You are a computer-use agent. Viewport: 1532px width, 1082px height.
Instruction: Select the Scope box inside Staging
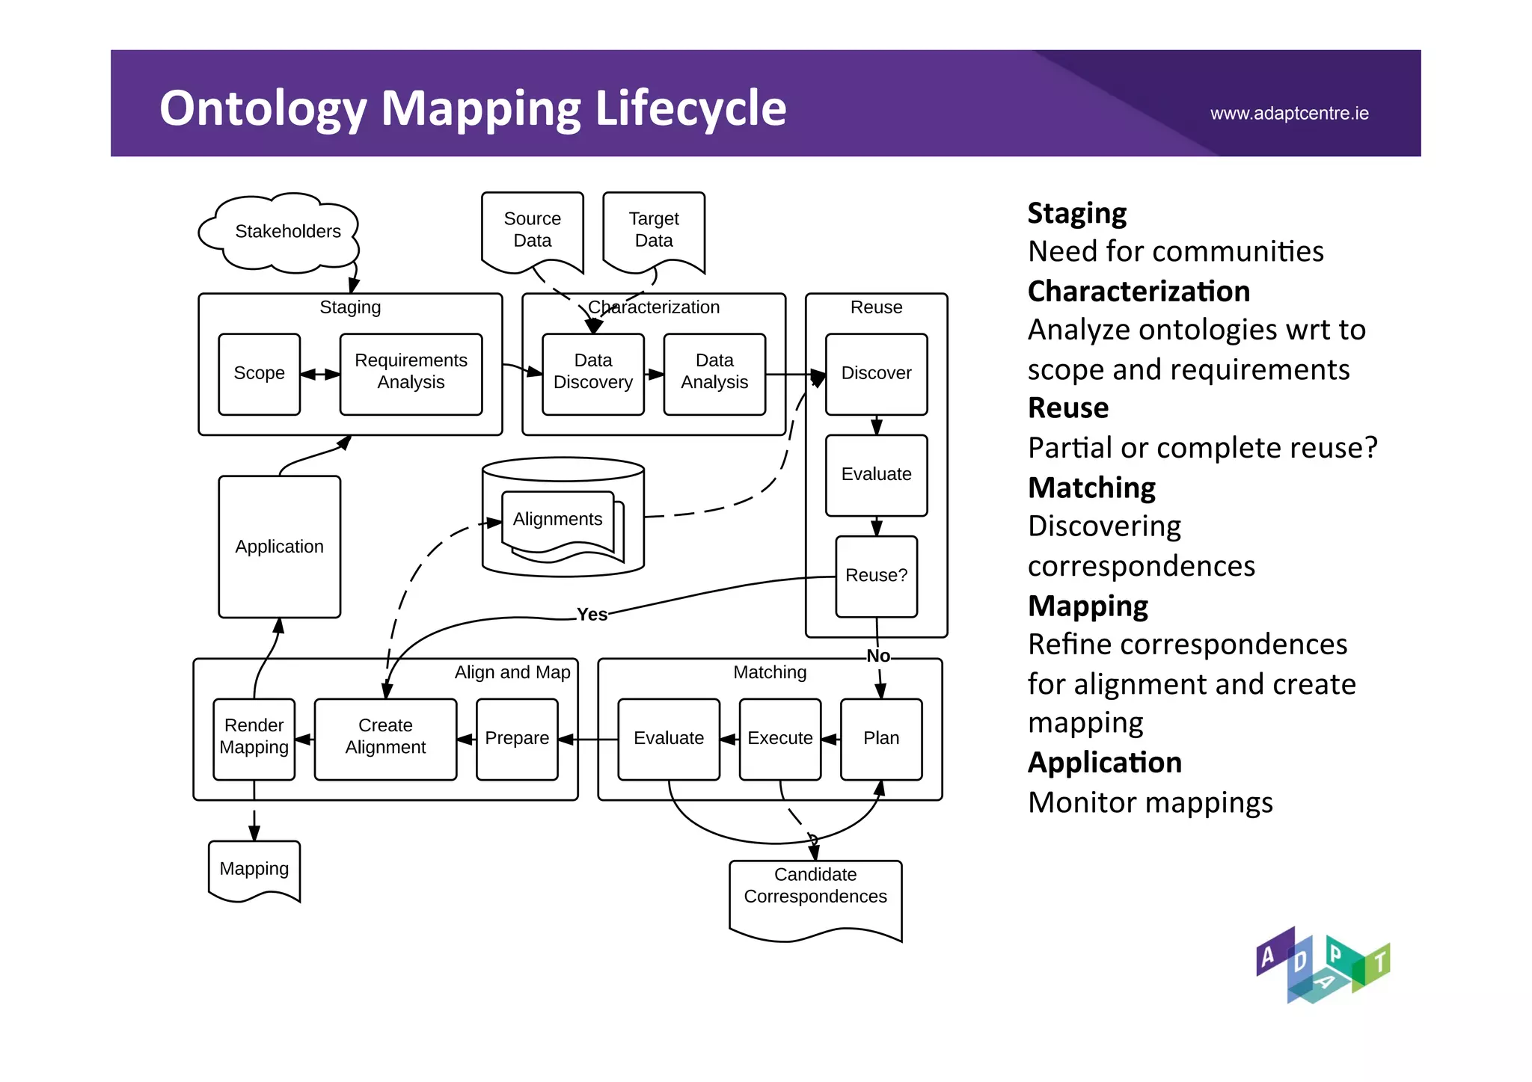point(259,374)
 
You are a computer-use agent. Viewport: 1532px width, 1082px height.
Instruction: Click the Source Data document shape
point(532,230)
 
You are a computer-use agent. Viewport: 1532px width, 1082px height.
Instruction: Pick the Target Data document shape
point(654,230)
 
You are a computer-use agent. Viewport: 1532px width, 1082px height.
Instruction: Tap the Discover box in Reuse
point(876,374)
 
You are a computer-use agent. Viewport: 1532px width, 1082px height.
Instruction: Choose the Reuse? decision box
point(876,576)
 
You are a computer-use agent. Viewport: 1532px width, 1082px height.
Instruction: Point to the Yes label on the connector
point(592,615)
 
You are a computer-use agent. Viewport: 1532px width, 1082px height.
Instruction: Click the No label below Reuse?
point(878,656)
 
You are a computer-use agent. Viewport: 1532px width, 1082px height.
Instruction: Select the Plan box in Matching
point(881,739)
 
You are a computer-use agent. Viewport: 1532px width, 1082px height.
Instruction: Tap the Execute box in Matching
point(779,739)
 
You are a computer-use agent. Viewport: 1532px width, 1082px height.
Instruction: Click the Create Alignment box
point(385,739)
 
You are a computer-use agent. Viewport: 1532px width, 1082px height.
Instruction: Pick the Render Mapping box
point(254,739)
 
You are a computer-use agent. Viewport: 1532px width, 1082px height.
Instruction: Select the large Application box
point(279,547)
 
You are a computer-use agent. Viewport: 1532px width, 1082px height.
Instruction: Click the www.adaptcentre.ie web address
point(1289,114)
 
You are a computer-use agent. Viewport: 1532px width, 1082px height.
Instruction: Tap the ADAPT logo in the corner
point(1322,965)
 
